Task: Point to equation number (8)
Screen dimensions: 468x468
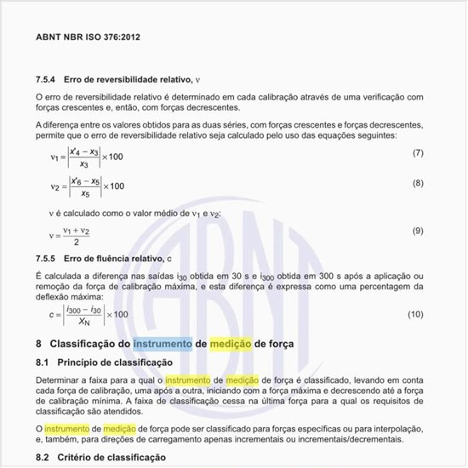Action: [x=418, y=183]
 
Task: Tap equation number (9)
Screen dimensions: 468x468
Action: [x=418, y=231]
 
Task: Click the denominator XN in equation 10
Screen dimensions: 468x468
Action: [x=83, y=322]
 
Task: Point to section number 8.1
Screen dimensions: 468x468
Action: [x=44, y=362]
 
